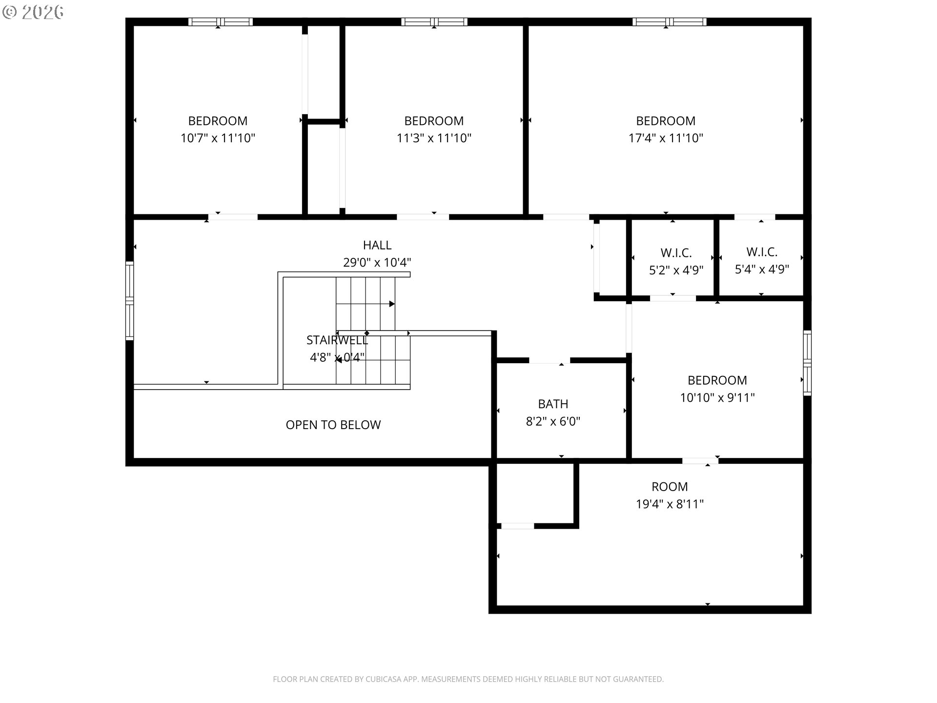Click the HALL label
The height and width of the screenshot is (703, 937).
tap(377, 245)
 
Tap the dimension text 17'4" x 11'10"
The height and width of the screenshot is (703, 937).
tap(665, 138)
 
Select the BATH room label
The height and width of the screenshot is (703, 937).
tap(552, 404)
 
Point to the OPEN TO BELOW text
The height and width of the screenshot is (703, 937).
tap(333, 425)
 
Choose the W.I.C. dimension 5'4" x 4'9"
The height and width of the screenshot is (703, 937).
tap(762, 269)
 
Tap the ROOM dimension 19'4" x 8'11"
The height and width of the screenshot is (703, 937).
tap(669, 504)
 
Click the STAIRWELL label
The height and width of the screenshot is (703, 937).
tap(337, 340)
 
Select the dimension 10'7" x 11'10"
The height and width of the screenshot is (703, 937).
tap(218, 138)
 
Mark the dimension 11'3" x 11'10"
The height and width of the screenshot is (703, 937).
tap(433, 138)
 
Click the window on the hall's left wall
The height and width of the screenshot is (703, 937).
tap(129, 301)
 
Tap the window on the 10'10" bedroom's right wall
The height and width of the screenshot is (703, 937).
tap(807, 363)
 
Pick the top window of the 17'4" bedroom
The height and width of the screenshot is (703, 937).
tap(669, 21)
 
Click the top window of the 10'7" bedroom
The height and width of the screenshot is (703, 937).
tap(221, 21)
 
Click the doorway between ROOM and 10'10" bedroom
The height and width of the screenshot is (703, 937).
tap(700, 461)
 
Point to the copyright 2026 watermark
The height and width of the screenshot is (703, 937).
tap(33, 12)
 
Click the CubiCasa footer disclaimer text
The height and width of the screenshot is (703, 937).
tap(468, 679)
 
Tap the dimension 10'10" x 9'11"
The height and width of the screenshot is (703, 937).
tap(717, 398)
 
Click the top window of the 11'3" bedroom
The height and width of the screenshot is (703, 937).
tap(434, 21)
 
